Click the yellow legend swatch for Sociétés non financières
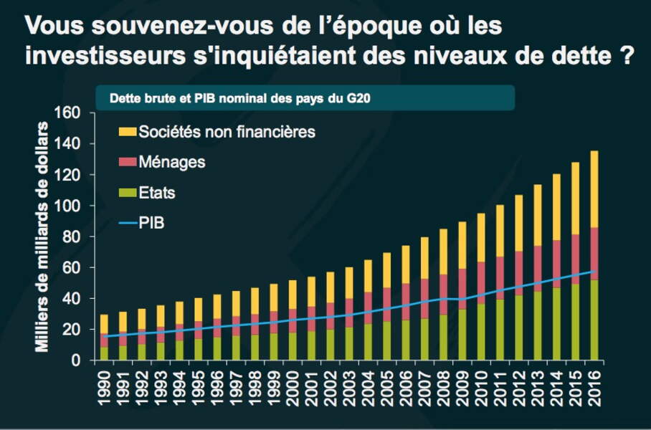point(126,132)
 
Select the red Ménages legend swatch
point(126,163)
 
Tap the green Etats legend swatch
point(126,193)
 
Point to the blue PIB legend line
point(126,224)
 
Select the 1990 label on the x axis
point(104,387)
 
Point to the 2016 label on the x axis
point(594,387)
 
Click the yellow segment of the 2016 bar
point(594,189)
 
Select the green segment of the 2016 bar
point(594,320)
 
